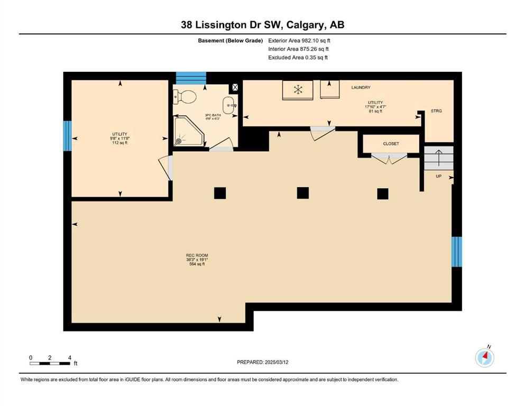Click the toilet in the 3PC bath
pos(186,96)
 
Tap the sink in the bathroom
pos(228,105)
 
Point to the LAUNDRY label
pos(361,87)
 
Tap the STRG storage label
pos(436,111)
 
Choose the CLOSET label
pos(391,144)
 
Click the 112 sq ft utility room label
pos(119,138)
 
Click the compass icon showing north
pos(484,358)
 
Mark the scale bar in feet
pos(50,363)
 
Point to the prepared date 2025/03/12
pos(262,362)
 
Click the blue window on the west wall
pos(67,136)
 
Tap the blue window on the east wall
pos(457,252)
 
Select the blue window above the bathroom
pos(190,78)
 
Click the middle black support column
pos(302,193)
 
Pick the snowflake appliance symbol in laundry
pos(298,89)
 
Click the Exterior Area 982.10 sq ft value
pos(299,40)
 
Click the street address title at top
pos(262,25)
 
